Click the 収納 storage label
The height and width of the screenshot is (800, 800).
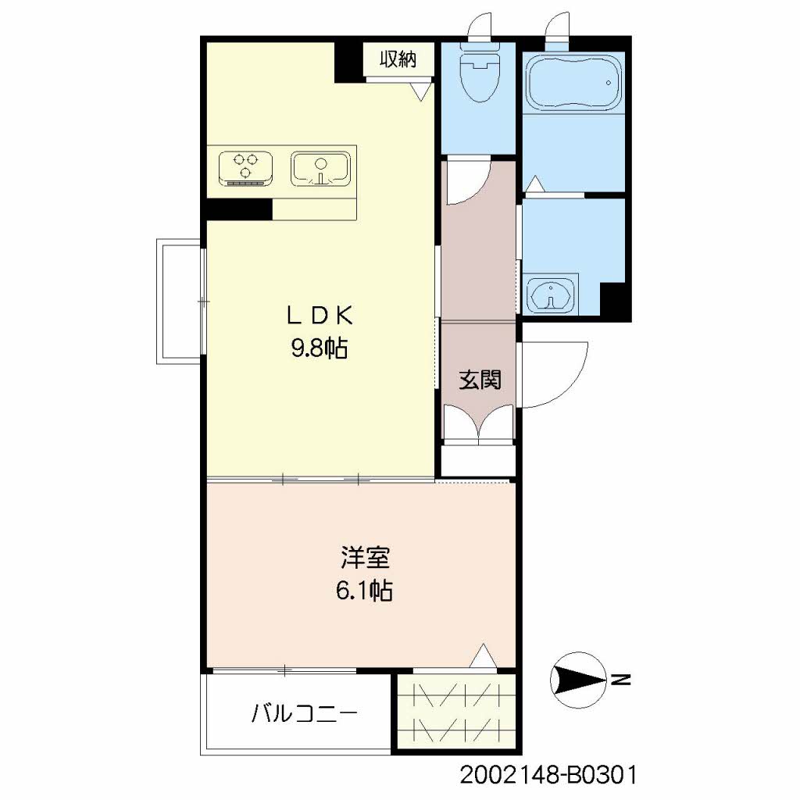click(397, 59)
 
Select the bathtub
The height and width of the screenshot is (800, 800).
click(573, 81)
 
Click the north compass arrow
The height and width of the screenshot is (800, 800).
click(579, 677)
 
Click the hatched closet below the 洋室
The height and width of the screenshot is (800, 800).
click(455, 712)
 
